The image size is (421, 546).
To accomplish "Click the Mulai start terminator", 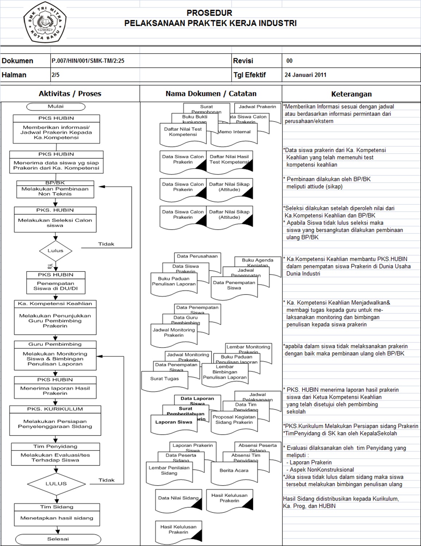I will tap(56, 107).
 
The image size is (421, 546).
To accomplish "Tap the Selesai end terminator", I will tap(58, 539).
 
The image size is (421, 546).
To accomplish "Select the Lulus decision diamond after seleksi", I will tap(55, 251).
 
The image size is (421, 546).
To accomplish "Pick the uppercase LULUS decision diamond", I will tap(56, 484).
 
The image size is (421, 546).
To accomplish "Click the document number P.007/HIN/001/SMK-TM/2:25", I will tap(88, 61).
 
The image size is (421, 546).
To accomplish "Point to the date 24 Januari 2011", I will tap(305, 75).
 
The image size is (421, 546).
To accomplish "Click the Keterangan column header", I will tap(351, 94).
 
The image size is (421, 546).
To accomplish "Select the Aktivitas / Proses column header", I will tap(70, 94).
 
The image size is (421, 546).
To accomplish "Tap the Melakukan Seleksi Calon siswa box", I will tap(55, 223).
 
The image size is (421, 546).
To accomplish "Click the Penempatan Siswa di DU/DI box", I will tap(56, 286).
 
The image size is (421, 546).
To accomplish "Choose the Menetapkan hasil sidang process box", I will tap(57, 518).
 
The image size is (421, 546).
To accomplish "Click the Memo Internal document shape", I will tap(235, 133).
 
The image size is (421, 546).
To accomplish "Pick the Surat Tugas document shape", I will tap(164, 379).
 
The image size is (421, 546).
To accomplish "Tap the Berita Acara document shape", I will tap(234, 471).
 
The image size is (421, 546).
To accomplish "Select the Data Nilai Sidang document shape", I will tap(178, 499).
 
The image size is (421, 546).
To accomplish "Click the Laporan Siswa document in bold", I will tap(174, 423).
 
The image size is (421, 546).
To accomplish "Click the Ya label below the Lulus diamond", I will tap(50, 266).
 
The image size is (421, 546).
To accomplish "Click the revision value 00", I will tap(289, 61).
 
